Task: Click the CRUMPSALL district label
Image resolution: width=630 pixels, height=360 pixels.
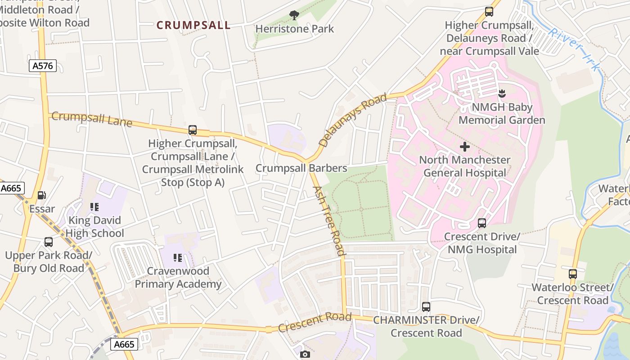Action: click(x=193, y=25)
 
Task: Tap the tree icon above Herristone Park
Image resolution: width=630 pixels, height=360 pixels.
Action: click(x=294, y=16)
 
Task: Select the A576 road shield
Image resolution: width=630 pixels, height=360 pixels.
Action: click(x=43, y=66)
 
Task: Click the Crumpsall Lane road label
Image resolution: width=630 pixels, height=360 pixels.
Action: click(x=92, y=119)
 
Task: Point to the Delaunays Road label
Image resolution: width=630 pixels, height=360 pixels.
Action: click(x=353, y=120)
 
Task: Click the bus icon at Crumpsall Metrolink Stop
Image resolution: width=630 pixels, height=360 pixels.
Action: click(x=193, y=130)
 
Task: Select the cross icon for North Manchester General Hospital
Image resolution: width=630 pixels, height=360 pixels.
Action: click(x=465, y=147)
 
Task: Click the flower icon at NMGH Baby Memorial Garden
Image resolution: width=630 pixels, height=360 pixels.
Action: click(x=502, y=94)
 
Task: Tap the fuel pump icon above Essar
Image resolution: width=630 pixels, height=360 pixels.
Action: click(x=42, y=195)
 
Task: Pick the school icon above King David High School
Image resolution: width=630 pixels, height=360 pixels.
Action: click(x=94, y=207)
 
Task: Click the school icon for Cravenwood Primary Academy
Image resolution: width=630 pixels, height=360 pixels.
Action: click(x=178, y=258)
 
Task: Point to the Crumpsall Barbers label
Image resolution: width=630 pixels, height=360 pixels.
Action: click(x=301, y=168)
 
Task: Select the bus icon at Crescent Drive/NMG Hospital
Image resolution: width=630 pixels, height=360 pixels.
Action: click(x=482, y=223)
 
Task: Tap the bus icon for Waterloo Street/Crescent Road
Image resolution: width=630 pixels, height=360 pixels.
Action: click(x=572, y=274)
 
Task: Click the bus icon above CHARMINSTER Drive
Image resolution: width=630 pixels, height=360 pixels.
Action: click(x=426, y=307)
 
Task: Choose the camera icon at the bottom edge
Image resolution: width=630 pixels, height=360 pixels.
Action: click(x=305, y=355)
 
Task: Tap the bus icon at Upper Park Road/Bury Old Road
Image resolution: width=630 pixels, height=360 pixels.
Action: click(x=49, y=242)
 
